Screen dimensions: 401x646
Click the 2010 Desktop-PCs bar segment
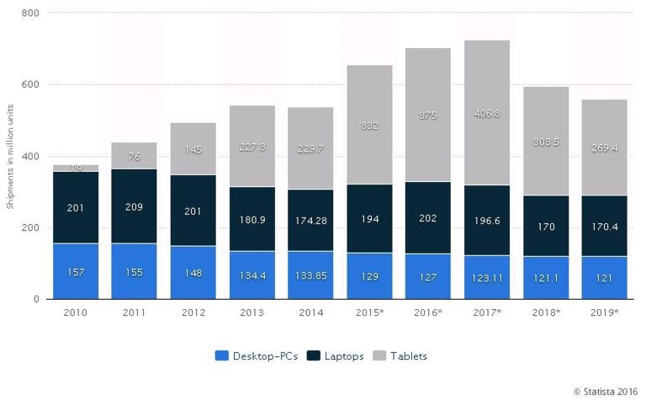click(75, 271)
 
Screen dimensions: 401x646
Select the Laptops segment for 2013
click(252, 219)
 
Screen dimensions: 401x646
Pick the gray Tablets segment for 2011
click(134, 156)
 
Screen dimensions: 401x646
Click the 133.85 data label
click(310, 276)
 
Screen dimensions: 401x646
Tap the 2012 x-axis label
click(193, 313)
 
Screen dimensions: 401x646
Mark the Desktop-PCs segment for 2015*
click(369, 276)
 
